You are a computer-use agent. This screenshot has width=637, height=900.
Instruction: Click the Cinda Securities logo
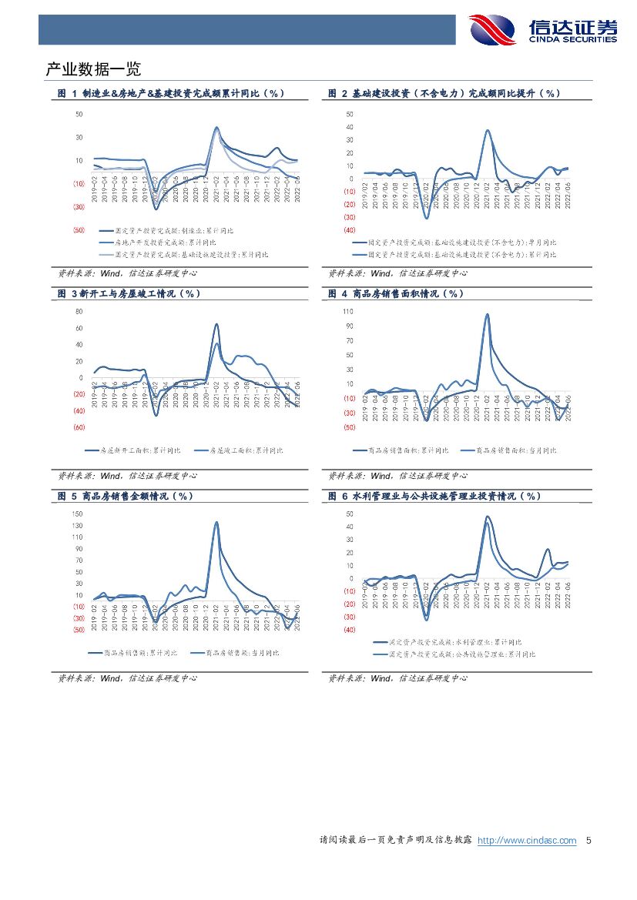click(543, 30)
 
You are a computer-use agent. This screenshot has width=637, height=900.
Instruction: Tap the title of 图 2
click(444, 93)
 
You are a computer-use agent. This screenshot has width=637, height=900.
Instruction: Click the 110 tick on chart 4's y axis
click(347, 312)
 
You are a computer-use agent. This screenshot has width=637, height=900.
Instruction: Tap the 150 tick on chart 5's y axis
click(77, 514)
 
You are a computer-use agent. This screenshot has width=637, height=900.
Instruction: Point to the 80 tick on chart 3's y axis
click(79, 311)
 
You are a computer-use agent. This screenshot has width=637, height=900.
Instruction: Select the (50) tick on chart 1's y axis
click(79, 230)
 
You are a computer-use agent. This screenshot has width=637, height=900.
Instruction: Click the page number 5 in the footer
click(589, 841)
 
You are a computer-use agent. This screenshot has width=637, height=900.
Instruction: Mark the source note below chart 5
click(128, 678)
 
